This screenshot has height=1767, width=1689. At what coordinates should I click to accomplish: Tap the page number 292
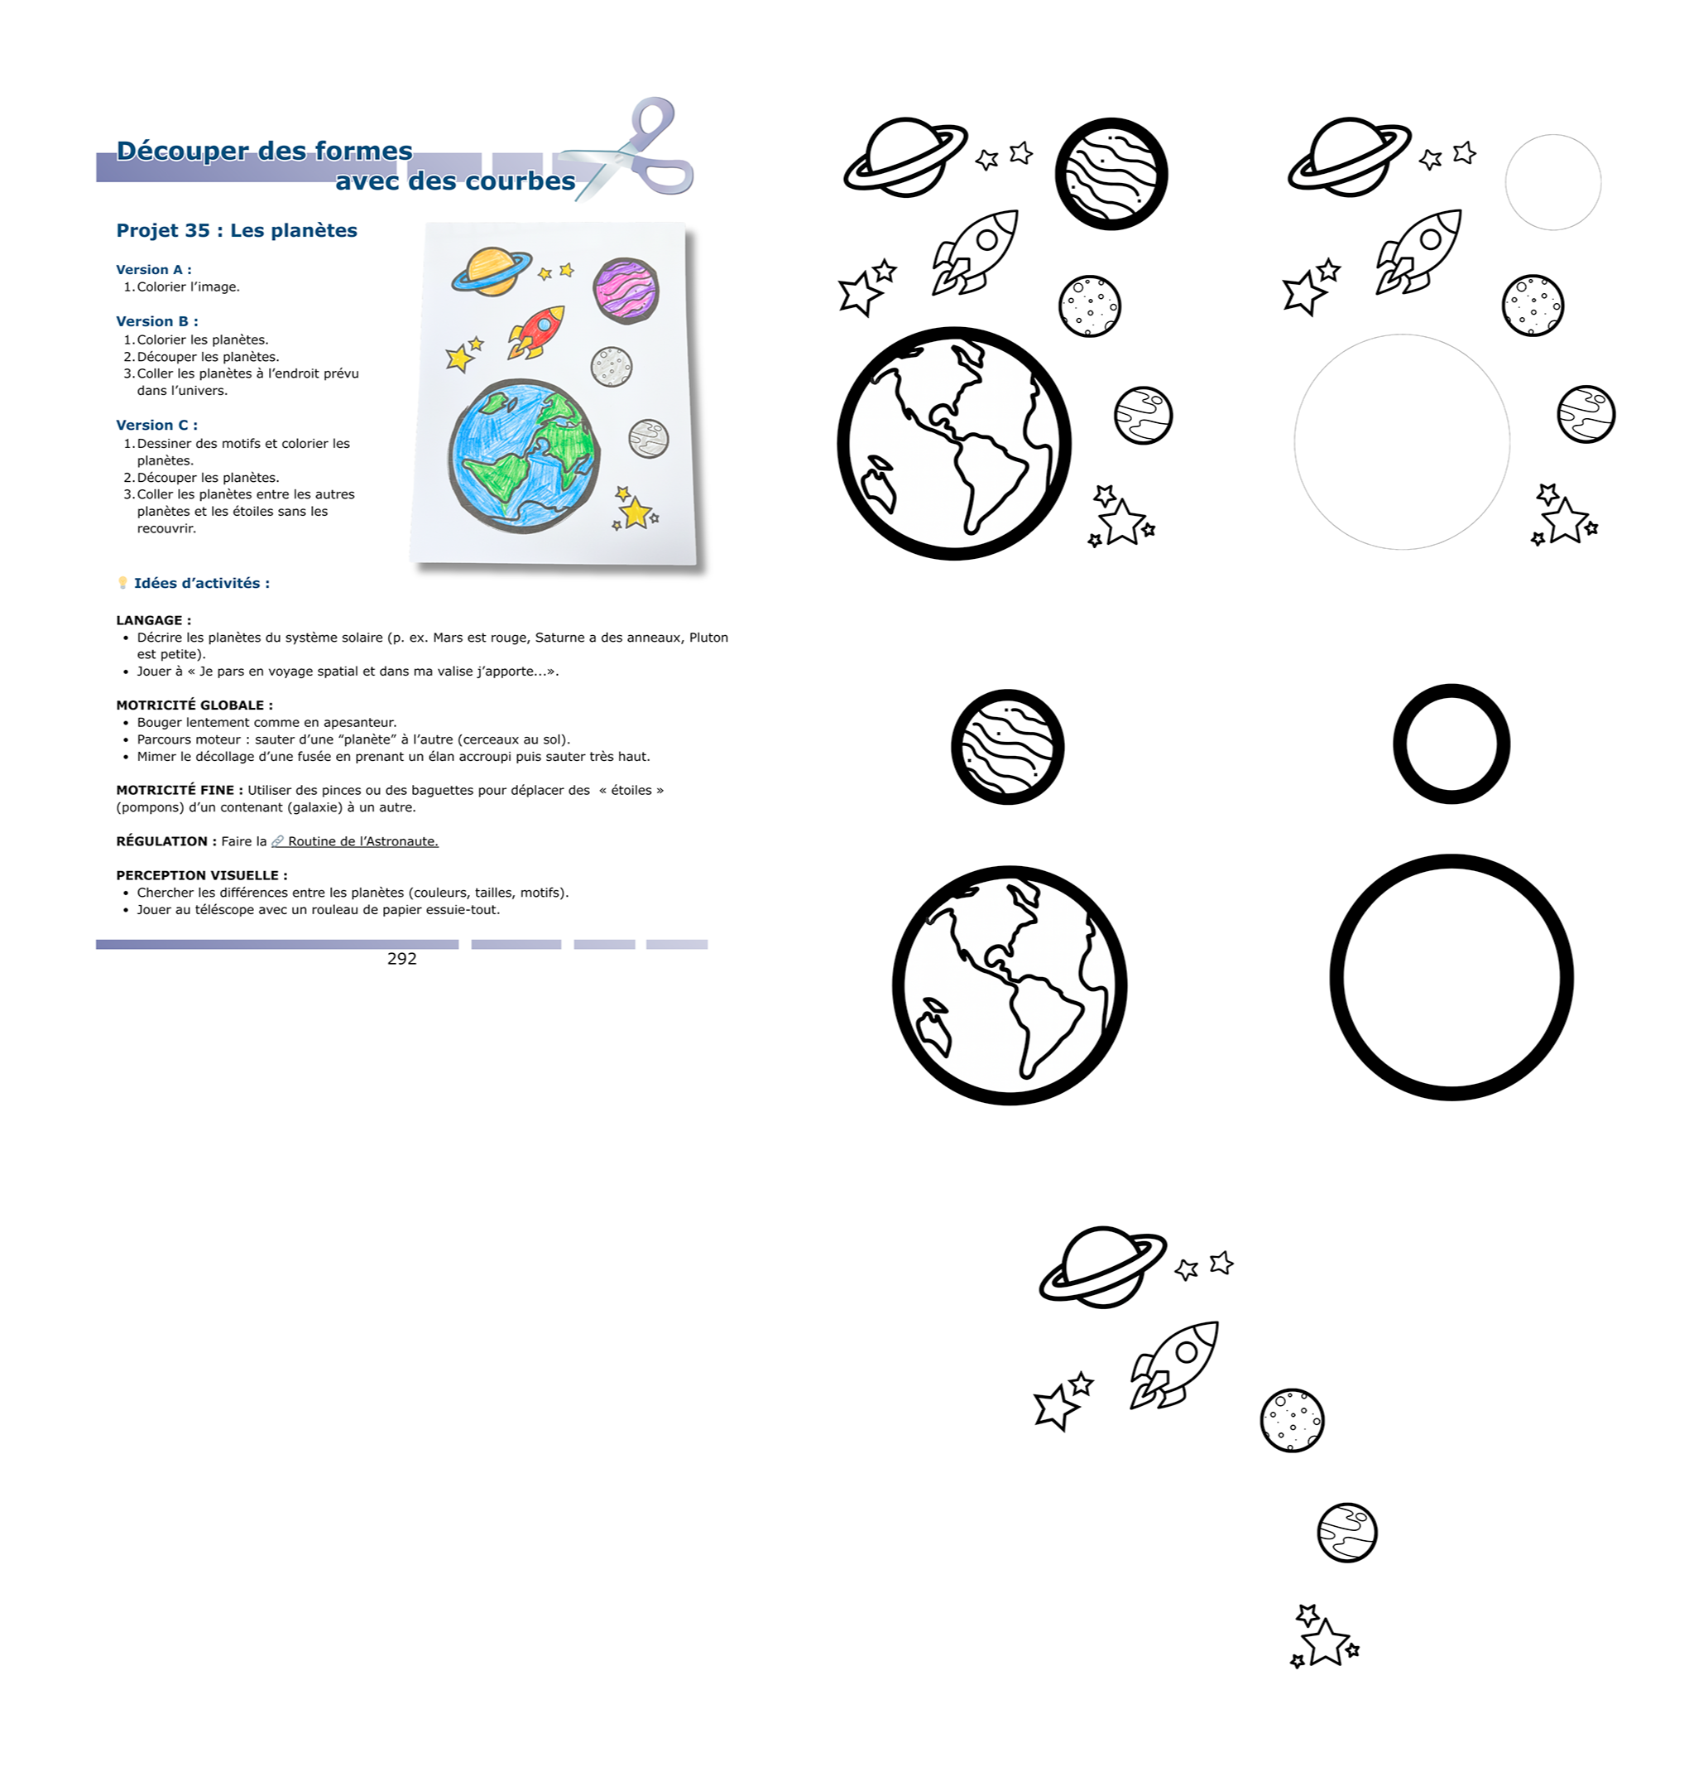(x=401, y=958)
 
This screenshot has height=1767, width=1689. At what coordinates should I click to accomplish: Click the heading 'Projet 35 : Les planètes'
(x=237, y=230)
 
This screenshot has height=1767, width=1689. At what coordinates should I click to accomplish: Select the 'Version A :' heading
(x=154, y=269)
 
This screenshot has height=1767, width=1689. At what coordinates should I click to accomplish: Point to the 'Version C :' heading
(x=156, y=425)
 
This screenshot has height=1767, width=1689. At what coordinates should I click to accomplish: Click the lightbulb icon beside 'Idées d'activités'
(x=122, y=583)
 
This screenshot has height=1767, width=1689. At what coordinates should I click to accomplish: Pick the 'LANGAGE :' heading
(x=154, y=620)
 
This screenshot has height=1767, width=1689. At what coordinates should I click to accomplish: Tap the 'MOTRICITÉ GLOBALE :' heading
(x=194, y=705)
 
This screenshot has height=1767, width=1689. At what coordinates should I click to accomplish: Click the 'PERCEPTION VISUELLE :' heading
(x=202, y=875)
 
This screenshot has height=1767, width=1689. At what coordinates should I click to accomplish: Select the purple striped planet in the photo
(x=626, y=291)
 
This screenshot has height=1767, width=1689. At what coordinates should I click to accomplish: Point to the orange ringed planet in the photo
(x=492, y=271)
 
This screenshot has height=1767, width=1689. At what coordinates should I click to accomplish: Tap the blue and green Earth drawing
(x=524, y=455)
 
